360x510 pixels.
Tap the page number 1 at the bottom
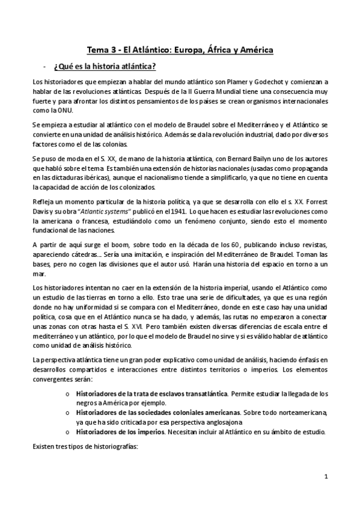(x=325, y=478)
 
